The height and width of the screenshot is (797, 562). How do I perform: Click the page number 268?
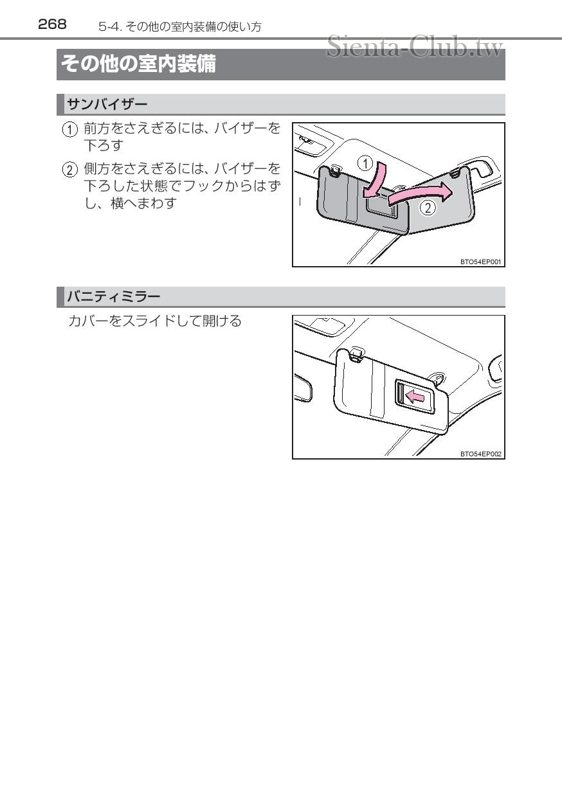52,24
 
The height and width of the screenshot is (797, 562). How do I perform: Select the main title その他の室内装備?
138,65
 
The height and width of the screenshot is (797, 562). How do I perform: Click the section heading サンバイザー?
107,104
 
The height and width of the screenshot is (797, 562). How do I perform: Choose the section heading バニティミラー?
114,296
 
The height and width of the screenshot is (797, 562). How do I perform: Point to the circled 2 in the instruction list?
69,170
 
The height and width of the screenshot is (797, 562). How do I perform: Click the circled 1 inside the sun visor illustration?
365,163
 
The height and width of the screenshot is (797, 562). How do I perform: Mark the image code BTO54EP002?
481,454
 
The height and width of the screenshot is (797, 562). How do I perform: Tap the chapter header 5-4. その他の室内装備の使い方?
180,26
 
